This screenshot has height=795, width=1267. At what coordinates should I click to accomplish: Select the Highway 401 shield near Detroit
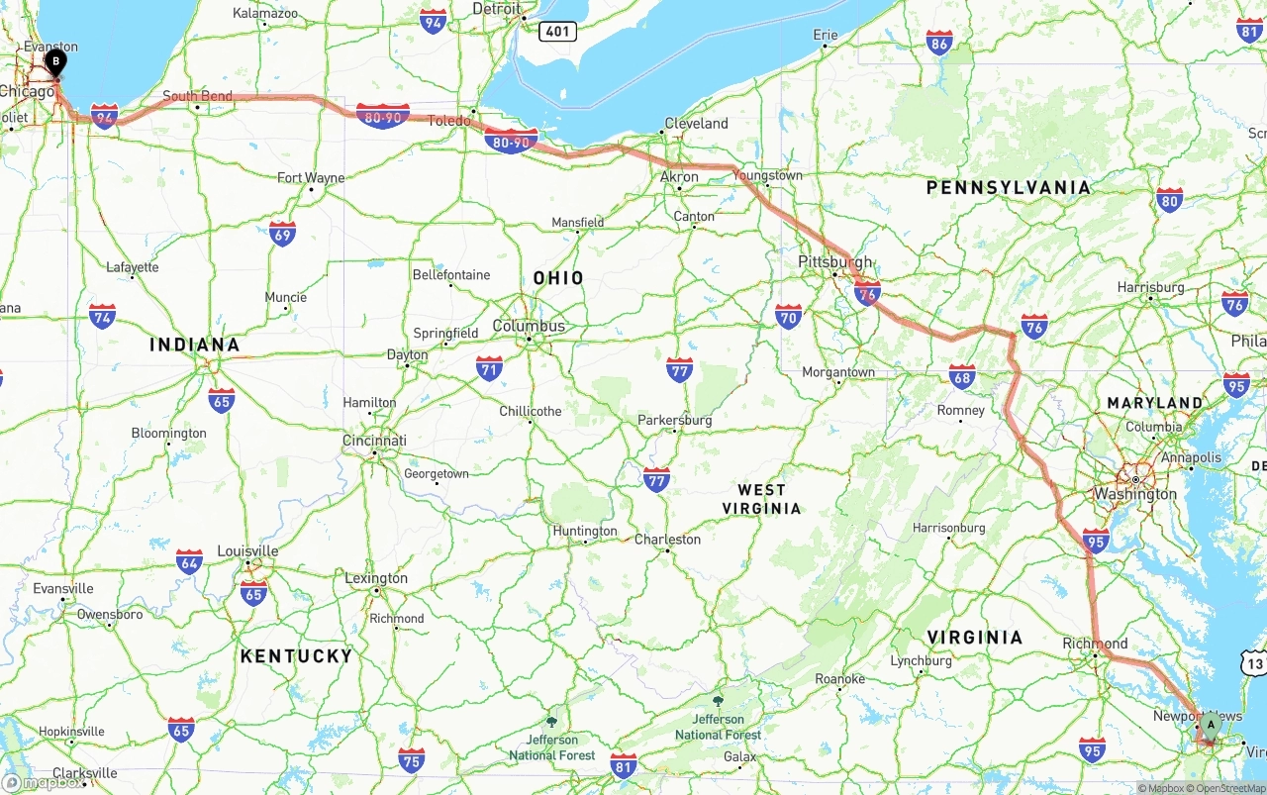click(x=557, y=32)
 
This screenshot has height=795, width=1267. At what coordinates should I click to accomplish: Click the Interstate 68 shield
click(x=961, y=376)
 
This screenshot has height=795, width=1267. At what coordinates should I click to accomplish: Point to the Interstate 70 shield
click(x=788, y=317)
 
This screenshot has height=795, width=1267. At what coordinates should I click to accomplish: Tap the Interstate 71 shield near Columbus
click(x=489, y=369)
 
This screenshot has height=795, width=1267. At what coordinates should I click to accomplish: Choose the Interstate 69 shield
click(x=282, y=234)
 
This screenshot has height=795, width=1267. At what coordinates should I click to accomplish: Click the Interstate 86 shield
click(x=939, y=43)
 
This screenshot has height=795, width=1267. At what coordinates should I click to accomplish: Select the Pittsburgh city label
click(x=835, y=262)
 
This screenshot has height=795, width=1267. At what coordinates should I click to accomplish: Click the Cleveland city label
click(x=697, y=124)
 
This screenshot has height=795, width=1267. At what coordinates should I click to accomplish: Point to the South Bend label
click(x=198, y=96)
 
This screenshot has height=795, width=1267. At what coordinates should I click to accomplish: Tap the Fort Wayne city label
click(x=311, y=178)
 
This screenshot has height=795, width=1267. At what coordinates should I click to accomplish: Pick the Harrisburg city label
click(x=1150, y=287)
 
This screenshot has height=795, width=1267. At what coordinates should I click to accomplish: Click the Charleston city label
click(x=667, y=540)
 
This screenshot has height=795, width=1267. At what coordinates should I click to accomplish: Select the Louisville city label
click(x=247, y=551)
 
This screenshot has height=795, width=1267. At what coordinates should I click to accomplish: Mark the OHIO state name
click(x=558, y=278)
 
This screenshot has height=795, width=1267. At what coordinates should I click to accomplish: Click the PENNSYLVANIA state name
click(x=1008, y=187)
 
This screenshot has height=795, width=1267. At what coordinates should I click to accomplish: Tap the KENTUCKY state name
click(x=296, y=655)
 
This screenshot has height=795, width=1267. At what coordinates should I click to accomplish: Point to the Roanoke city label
click(x=839, y=679)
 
